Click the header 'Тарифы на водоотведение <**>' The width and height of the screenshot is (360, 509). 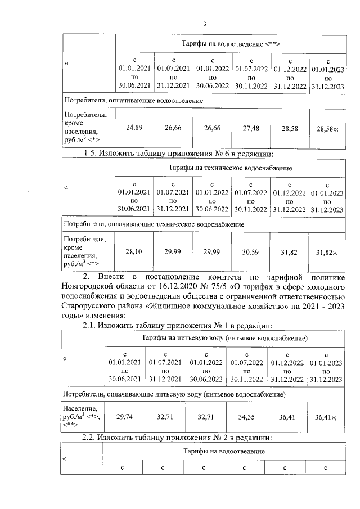[x=231, y=43]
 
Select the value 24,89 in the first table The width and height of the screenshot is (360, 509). [x=134, y=128]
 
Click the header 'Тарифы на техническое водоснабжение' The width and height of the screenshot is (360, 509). [x=231, y=168]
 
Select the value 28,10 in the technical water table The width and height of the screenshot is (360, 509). [x=134, y=253]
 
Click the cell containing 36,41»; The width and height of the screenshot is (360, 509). [x=326, y=417]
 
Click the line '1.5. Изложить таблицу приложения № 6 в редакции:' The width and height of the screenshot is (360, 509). [x=178, y=153]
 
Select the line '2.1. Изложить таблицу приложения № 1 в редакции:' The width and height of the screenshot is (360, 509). [x=178, y=325]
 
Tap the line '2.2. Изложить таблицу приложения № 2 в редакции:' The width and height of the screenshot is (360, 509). [x=178, y=437]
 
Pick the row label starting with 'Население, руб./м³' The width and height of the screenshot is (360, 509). [x=82, y=417]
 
